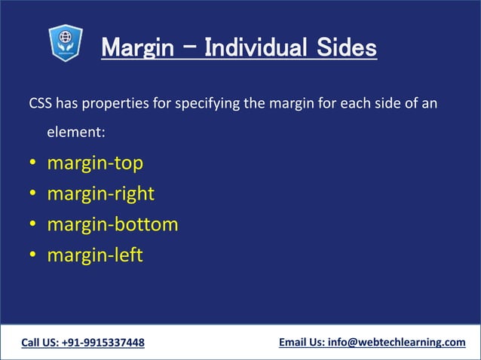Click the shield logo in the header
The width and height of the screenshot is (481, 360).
click(66, 43)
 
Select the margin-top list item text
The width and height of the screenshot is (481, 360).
click(94, 163)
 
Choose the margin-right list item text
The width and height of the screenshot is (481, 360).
click(100, 194)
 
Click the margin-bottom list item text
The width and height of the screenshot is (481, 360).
click(112, 224)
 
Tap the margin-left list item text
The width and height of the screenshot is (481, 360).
click(94, 255)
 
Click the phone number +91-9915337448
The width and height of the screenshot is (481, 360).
click(103, 343)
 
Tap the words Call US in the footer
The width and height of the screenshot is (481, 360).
click(40, 343)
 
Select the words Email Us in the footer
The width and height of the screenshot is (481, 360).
click(301, 343)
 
